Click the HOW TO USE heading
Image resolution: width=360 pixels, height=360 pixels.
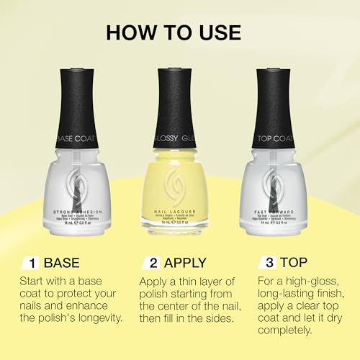(x=179, y=32)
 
